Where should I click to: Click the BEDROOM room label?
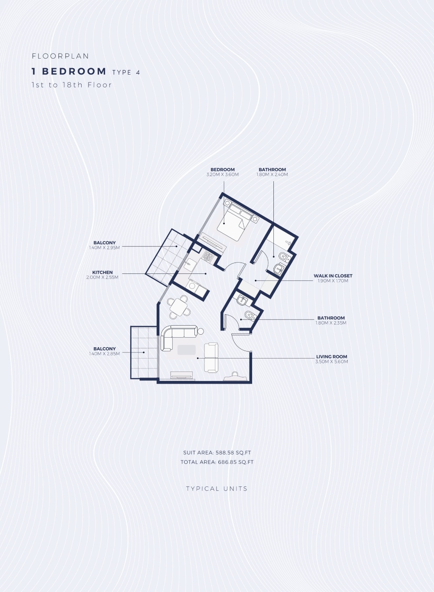point(223,169)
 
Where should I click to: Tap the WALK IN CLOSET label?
point(333,276)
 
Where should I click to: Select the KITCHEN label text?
point(102,272)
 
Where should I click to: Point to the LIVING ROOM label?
point(332,356)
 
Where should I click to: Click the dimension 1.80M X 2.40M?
point(272,174)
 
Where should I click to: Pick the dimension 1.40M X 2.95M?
point(105,248)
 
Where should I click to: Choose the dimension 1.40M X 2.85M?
point(105,354)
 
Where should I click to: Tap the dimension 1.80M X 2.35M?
point(331,323)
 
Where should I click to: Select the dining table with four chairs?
point(179,307)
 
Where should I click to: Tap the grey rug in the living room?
point(186,350)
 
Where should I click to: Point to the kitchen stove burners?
point(207,257)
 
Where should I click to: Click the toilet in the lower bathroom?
point(250,315)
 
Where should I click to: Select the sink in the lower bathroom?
point(242,300)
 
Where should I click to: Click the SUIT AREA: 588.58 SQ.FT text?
point(217,452)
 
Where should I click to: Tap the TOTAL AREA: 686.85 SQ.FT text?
point(217,462)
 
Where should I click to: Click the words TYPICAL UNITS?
point(217,489)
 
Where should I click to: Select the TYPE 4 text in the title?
point(126,72)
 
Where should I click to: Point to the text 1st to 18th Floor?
point(72,85)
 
